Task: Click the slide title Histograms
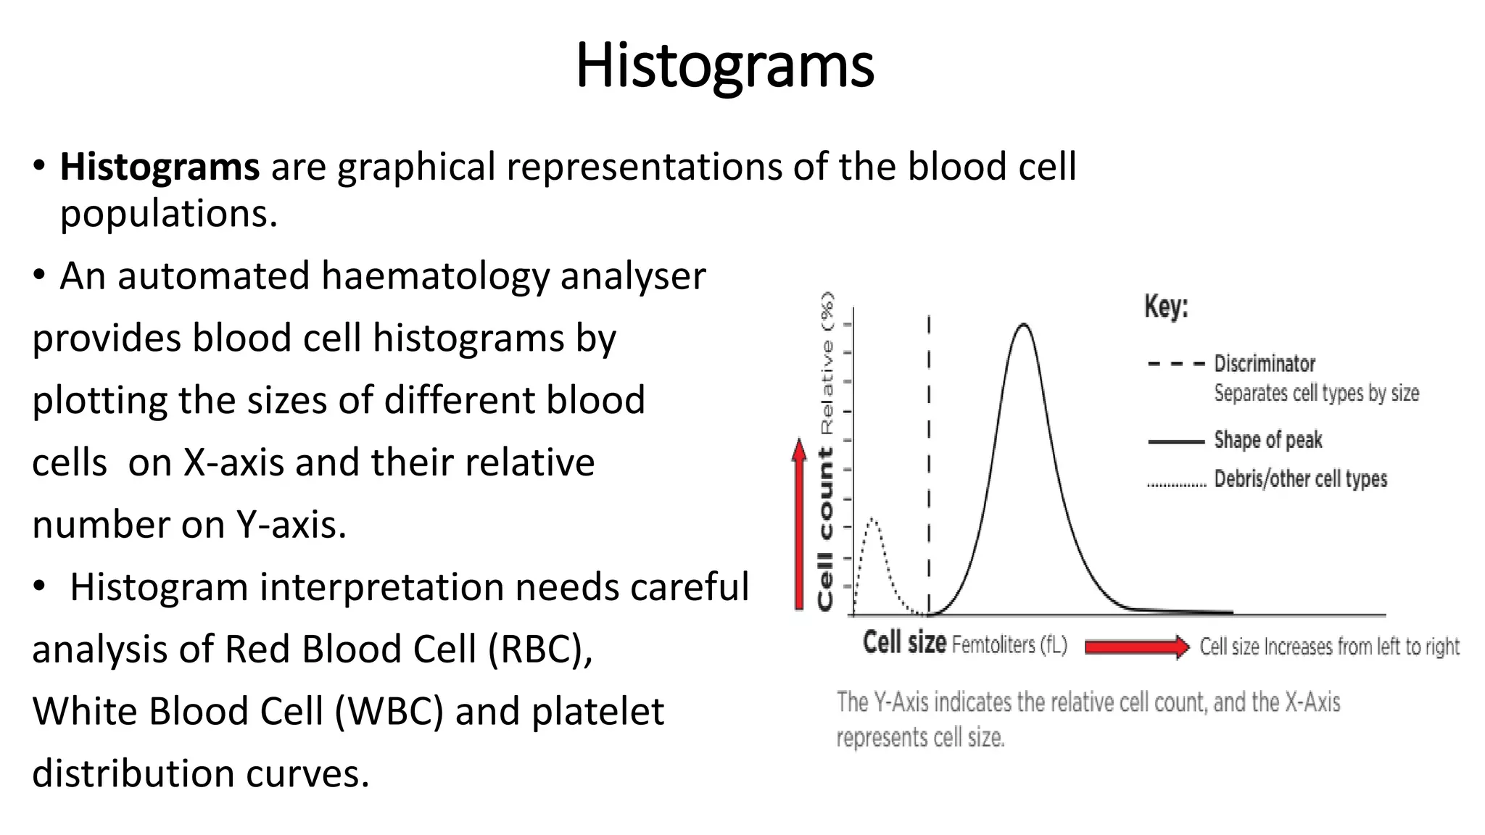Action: pyautogui.click(x=724, y=66)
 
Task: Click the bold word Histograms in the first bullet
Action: pyautogui.click(x=160, y=167)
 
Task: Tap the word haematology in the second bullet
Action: pyautogui.click(x=435, y=276)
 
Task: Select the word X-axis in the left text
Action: pyautogui.click(x=233, y=462)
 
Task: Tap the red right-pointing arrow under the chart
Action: pyautogui.click(x=1137, y=647)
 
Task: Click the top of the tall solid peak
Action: pyautogui.click(x=1023, y=325)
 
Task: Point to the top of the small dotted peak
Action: pyautogui.click(x=873, y=520)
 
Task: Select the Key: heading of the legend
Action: pyautogui.click(x=1166, y=307)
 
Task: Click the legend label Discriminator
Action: pyautogui.click(x=1265, y=363)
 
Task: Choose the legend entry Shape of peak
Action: pyautogui.click(x=1268, y=440)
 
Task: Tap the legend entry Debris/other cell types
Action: pyautogui.click(x=1300, y=479)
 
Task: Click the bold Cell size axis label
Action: pyautogui.click(x=904, y=643)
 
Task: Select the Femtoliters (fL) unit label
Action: pyautogui.click(x=1009, y=644)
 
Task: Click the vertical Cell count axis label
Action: pyautogui.click(x=826, y=529)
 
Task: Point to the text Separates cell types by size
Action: pyautogui.click(x=1316, y=394)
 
